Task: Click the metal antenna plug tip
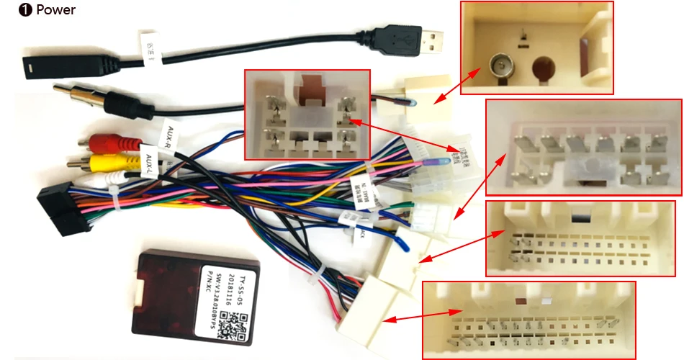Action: [x=65, y=91]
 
